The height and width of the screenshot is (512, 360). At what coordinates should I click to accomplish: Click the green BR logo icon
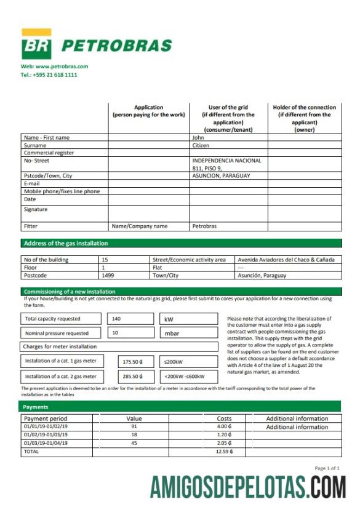(x=36, y=46)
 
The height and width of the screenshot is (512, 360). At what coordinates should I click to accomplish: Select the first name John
(x=198, y=138)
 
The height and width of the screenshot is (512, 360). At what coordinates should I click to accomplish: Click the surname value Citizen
(x=201, y=146)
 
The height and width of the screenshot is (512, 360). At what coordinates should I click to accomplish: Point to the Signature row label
(x=36, y=209)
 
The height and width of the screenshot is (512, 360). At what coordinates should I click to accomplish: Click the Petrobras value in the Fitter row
(x=204, y=226)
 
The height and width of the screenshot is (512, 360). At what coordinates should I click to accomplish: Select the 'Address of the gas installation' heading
(x=66, y=244)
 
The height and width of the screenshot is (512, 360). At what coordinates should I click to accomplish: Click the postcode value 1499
(x=108, y=276)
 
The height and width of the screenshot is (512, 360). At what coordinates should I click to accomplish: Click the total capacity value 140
(x=116, y=319)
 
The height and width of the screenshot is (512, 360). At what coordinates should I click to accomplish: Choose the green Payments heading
(x=36, y=407)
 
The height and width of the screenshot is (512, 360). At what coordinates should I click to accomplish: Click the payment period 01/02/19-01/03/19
(x=46, y=434)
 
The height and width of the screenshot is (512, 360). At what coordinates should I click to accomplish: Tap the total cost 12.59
(x=223, y=451)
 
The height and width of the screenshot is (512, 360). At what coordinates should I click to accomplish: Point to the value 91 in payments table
(x=134, y=426)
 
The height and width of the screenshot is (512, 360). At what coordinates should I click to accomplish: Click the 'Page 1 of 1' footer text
(x=327, y=468)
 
